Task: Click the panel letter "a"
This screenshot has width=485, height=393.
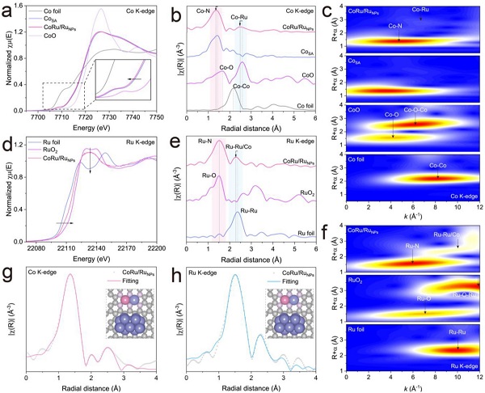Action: [7, 10]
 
